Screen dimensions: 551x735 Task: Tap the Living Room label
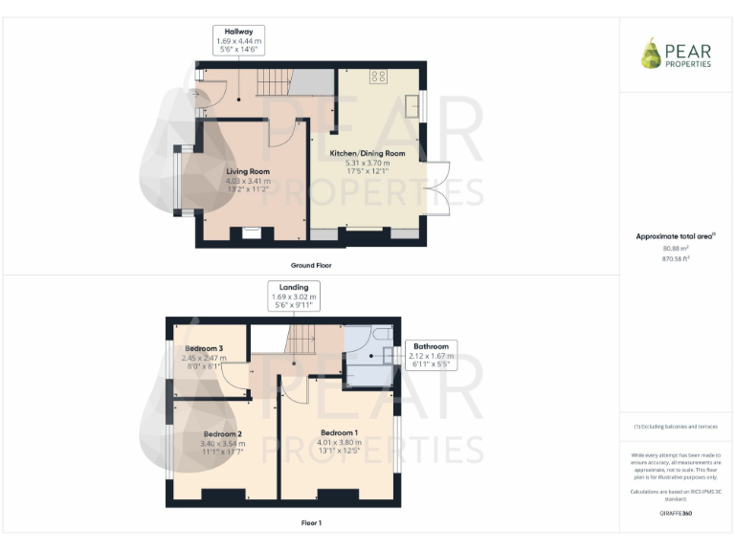pyautogui.click(x=248, y=171)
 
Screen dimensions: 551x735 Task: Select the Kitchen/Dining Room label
pyautogui.click(x=367, y=153)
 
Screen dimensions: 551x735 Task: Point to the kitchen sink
pyautogui.click(x=417, y=102)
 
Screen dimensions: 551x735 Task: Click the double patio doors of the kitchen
pyautogui.click(x=437, y=189)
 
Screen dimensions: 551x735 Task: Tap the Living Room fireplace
pyautogui.click(x=253, y=231)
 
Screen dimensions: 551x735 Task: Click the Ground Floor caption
pyautogui.click(x=311, y=265)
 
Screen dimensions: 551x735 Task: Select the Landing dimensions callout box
pyautogui.click(x=294, y=296)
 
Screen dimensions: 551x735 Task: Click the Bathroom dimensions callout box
pyautogui.click(x=431, y=354)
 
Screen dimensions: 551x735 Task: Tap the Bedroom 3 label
pyautogui.click(x=204, y=348)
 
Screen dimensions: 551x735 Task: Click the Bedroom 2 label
pyautogui.click(x=221, y=433)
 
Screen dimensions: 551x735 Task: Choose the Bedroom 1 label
pyautogui.click(x=340, y=432)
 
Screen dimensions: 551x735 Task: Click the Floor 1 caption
pyautogui.click(x=311, y=523)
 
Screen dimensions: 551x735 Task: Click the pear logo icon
pyautogui.click(x=651, y=53)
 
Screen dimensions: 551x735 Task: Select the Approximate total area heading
pyautogui.click(x=676, y=236)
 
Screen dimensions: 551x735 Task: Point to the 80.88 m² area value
pyautogui.click(x=676, y=248)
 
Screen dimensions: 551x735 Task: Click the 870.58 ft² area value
pyautogui.click(x=676, y=258)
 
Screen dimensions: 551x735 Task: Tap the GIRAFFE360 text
pyautogui.click(x=676, y=514)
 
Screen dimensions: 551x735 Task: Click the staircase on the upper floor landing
pyautogui.click(x=303, y=338)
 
